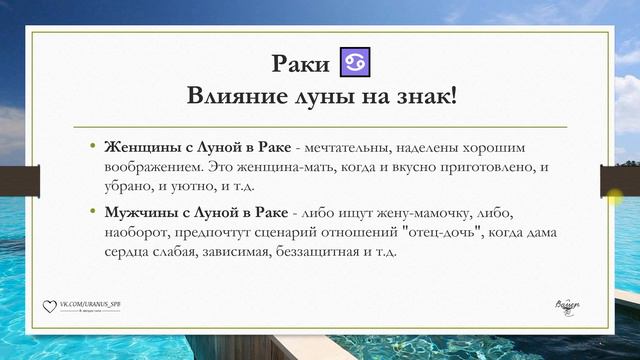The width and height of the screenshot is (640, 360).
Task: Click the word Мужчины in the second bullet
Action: (143, 213)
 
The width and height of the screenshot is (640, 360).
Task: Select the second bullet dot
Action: (94, 213)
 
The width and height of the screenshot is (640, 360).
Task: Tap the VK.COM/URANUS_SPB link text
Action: (91, 302)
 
